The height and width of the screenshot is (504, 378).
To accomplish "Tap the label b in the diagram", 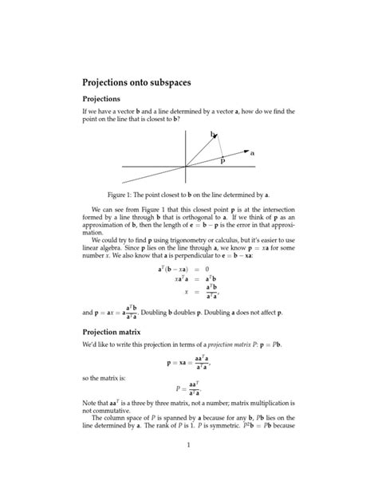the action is tap(213, 135).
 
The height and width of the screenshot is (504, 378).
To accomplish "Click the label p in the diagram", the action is tap(222, 160).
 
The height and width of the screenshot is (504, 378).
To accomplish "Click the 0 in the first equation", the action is tap(207, 270).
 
